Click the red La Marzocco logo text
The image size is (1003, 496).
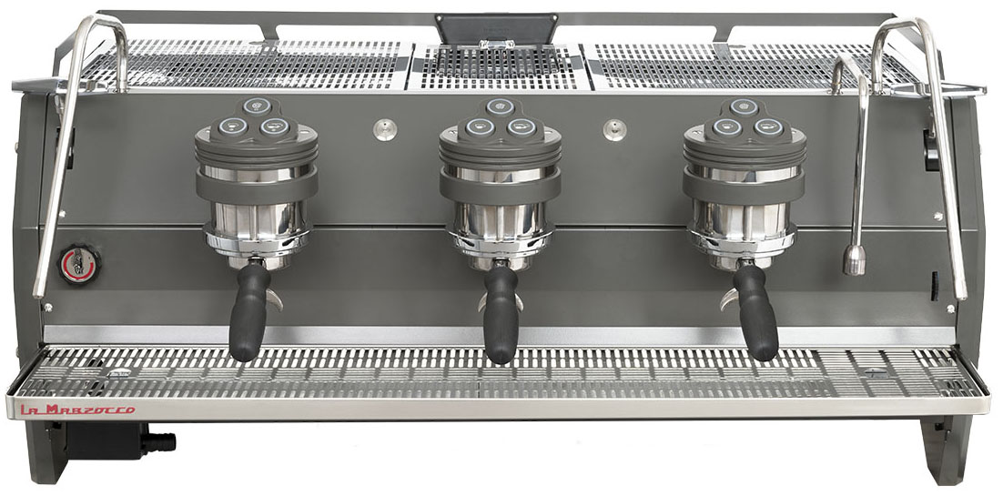click(x=78, y=409)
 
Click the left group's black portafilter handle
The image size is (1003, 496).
click(x=248, y=311)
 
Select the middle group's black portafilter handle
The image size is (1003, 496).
click(x=501, y=314)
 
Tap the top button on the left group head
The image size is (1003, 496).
click(x=256, y=106)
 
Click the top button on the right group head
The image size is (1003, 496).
click(x=744, y=106)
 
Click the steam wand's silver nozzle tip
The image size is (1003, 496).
click(x=854, y=260)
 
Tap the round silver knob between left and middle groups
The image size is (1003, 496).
click(x=385, y=129)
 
